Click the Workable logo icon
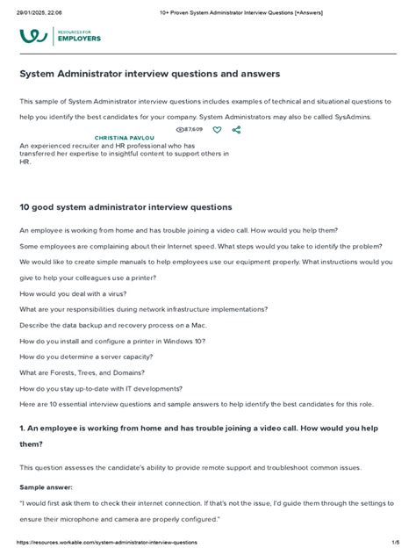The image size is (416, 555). pos(33,36)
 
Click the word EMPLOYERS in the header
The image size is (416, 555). pos(80,40)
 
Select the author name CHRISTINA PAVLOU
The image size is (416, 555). pos(125,138)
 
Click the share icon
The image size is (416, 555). pos(236,129)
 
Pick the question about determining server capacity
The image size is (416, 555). pos(86,357)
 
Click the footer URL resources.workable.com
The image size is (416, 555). pos(102,544)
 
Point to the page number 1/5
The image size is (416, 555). pos(395,544)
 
